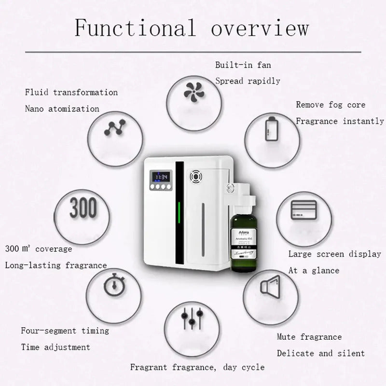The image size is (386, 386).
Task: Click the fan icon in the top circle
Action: coord(195,93)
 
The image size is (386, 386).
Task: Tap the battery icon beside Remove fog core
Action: coord(271,129)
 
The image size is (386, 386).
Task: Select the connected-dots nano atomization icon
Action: coord(114,128)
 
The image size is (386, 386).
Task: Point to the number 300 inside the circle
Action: coord(83,208)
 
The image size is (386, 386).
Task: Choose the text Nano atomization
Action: coord(62,109)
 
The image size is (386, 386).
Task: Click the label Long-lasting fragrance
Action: coord(56,265)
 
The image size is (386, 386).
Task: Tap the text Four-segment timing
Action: coord(65,331)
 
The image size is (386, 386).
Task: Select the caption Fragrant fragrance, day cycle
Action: coord(197,367)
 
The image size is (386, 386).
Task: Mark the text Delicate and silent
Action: coord(321,353)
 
